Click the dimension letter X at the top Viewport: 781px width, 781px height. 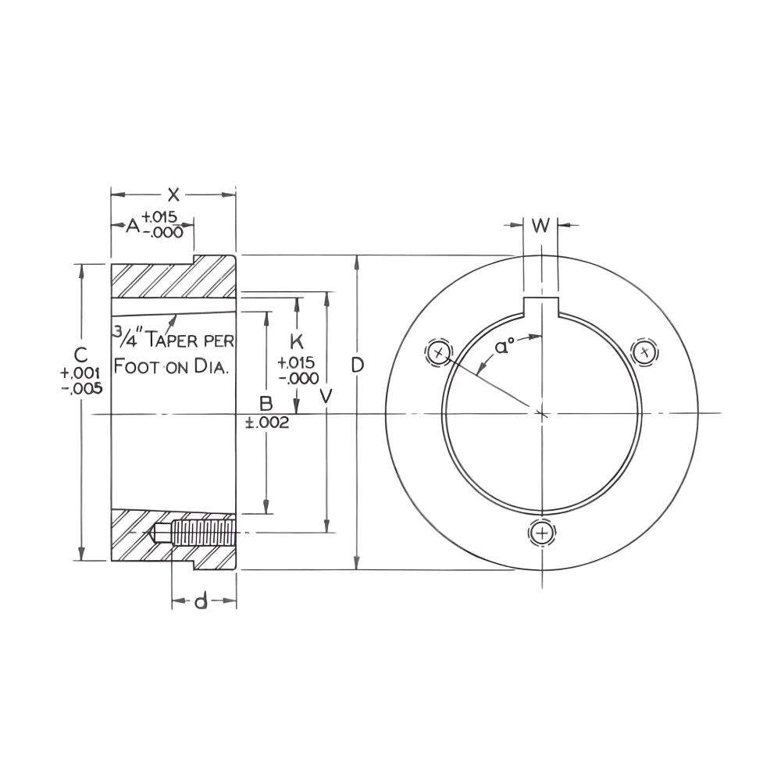(173, 194)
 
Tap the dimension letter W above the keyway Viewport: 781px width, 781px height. (540, 225)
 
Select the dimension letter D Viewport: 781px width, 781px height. (358, 365)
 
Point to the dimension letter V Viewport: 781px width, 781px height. (326, 396)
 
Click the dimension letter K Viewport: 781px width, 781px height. (296, 342)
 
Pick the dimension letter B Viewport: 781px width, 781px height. (266, 404)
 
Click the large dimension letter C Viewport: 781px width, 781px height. (80, 355)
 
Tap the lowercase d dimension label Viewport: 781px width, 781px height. (201, 601)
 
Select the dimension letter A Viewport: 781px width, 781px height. (133, 226)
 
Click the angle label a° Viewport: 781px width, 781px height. (505, 346)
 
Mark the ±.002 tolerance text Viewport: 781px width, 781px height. (267, 423)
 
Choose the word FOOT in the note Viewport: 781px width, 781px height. (137, 366)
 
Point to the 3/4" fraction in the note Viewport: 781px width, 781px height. (128, 337)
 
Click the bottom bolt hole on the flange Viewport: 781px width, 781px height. (542, 533)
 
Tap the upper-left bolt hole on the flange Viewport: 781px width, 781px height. (439, 353)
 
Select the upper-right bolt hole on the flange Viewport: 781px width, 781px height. (645, 352)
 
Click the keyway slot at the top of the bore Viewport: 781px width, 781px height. (541, 306)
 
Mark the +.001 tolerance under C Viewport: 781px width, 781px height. (80, 373)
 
